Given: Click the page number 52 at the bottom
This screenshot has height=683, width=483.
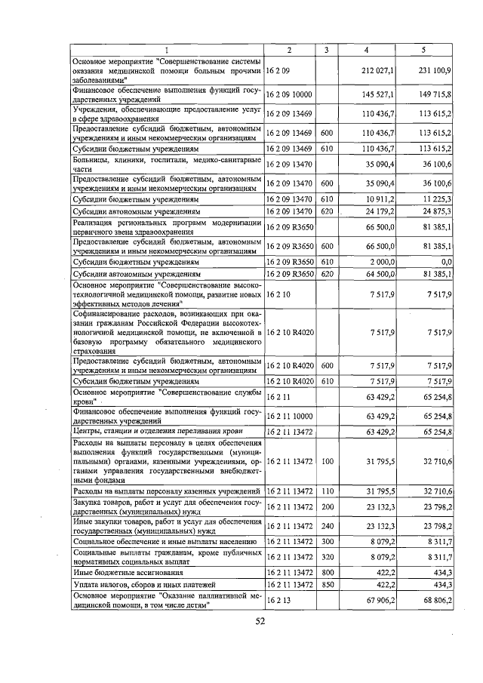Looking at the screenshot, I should (x=260, y=622).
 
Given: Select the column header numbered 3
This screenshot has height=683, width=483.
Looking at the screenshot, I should (x=326, y=50).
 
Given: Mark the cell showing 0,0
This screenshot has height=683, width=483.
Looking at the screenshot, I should (x=445, y=261).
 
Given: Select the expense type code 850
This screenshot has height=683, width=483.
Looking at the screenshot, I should (x=326, y=584).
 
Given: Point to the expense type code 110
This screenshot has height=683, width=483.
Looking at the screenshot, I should (x=326, y=491).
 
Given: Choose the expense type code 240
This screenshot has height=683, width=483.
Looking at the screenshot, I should (x=326, y=525).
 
